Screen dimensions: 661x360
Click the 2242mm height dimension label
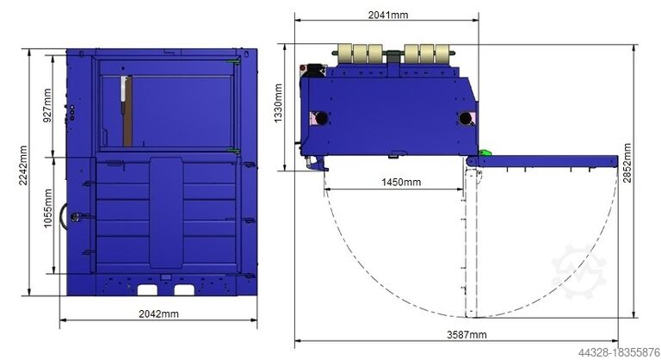[23, 165]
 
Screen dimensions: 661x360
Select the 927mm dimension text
[47, 105]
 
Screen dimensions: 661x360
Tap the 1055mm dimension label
[48, 208]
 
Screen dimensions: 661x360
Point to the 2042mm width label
[158, 314]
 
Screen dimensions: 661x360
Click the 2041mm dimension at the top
[388, 15]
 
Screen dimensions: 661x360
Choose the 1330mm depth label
[278, 103]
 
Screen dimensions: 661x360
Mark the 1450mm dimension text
[401, 183]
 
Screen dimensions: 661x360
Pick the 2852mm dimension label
[627, 163]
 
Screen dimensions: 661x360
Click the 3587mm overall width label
[466, 335]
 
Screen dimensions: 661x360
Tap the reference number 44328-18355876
[619, 352]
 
